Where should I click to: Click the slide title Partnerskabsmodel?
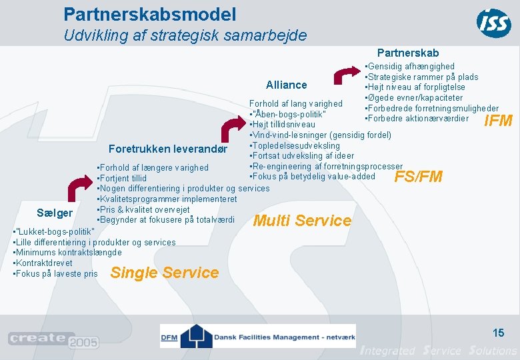[149, 13]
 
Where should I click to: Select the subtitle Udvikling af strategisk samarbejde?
[185, 35]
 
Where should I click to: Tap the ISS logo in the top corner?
[494, 23]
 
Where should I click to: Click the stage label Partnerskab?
[408, 53]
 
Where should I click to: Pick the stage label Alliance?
[287, 85]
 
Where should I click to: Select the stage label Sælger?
[55, 213]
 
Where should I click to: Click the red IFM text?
[498, 121]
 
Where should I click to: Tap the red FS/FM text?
[419, 177]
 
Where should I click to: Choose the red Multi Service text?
[303, 221]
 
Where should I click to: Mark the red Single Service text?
[164, 273]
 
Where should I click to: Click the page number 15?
[498, 332]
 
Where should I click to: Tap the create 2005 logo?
[53, 340]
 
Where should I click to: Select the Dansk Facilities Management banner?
[257, 336]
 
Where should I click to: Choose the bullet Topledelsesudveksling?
[295, 146]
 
